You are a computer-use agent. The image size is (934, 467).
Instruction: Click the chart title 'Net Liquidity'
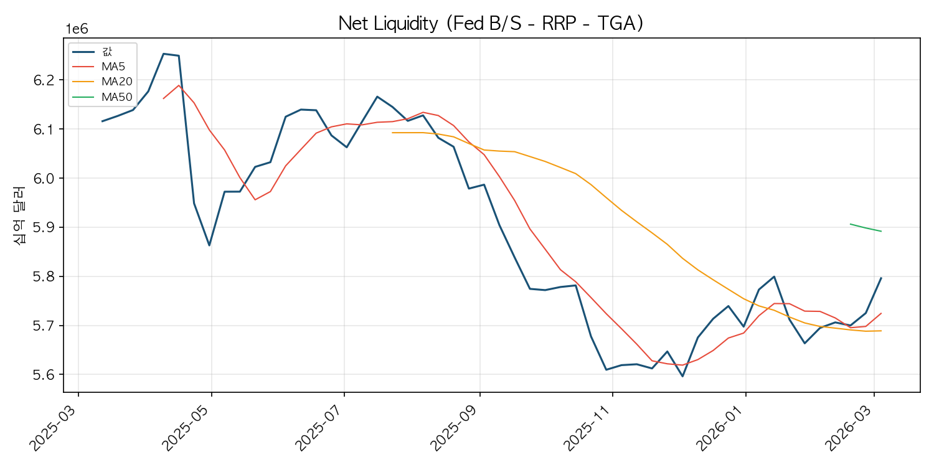coord(388,24)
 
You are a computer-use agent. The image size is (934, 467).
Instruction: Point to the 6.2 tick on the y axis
coord(44,80)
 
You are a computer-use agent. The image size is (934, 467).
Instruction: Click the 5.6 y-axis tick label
coord(44,375)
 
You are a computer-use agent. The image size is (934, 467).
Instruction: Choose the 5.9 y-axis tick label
coord(44,228)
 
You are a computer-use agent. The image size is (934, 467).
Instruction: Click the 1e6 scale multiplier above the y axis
coord(77,29)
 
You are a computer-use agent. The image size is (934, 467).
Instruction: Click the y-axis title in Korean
coord(19,215)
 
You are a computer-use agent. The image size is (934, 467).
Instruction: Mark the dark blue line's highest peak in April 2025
coord(163,54)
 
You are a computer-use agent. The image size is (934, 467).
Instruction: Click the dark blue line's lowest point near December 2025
coord(682,377)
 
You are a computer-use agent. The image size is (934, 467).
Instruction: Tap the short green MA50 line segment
coord(866,228)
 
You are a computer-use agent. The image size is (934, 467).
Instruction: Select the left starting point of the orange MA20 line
coord(392,133)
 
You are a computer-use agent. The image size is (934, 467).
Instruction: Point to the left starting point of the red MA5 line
coord(163,98)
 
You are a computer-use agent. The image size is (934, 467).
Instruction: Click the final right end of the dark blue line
coord(881,278)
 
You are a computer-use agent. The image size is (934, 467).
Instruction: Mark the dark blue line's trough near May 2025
coord(209,245)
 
